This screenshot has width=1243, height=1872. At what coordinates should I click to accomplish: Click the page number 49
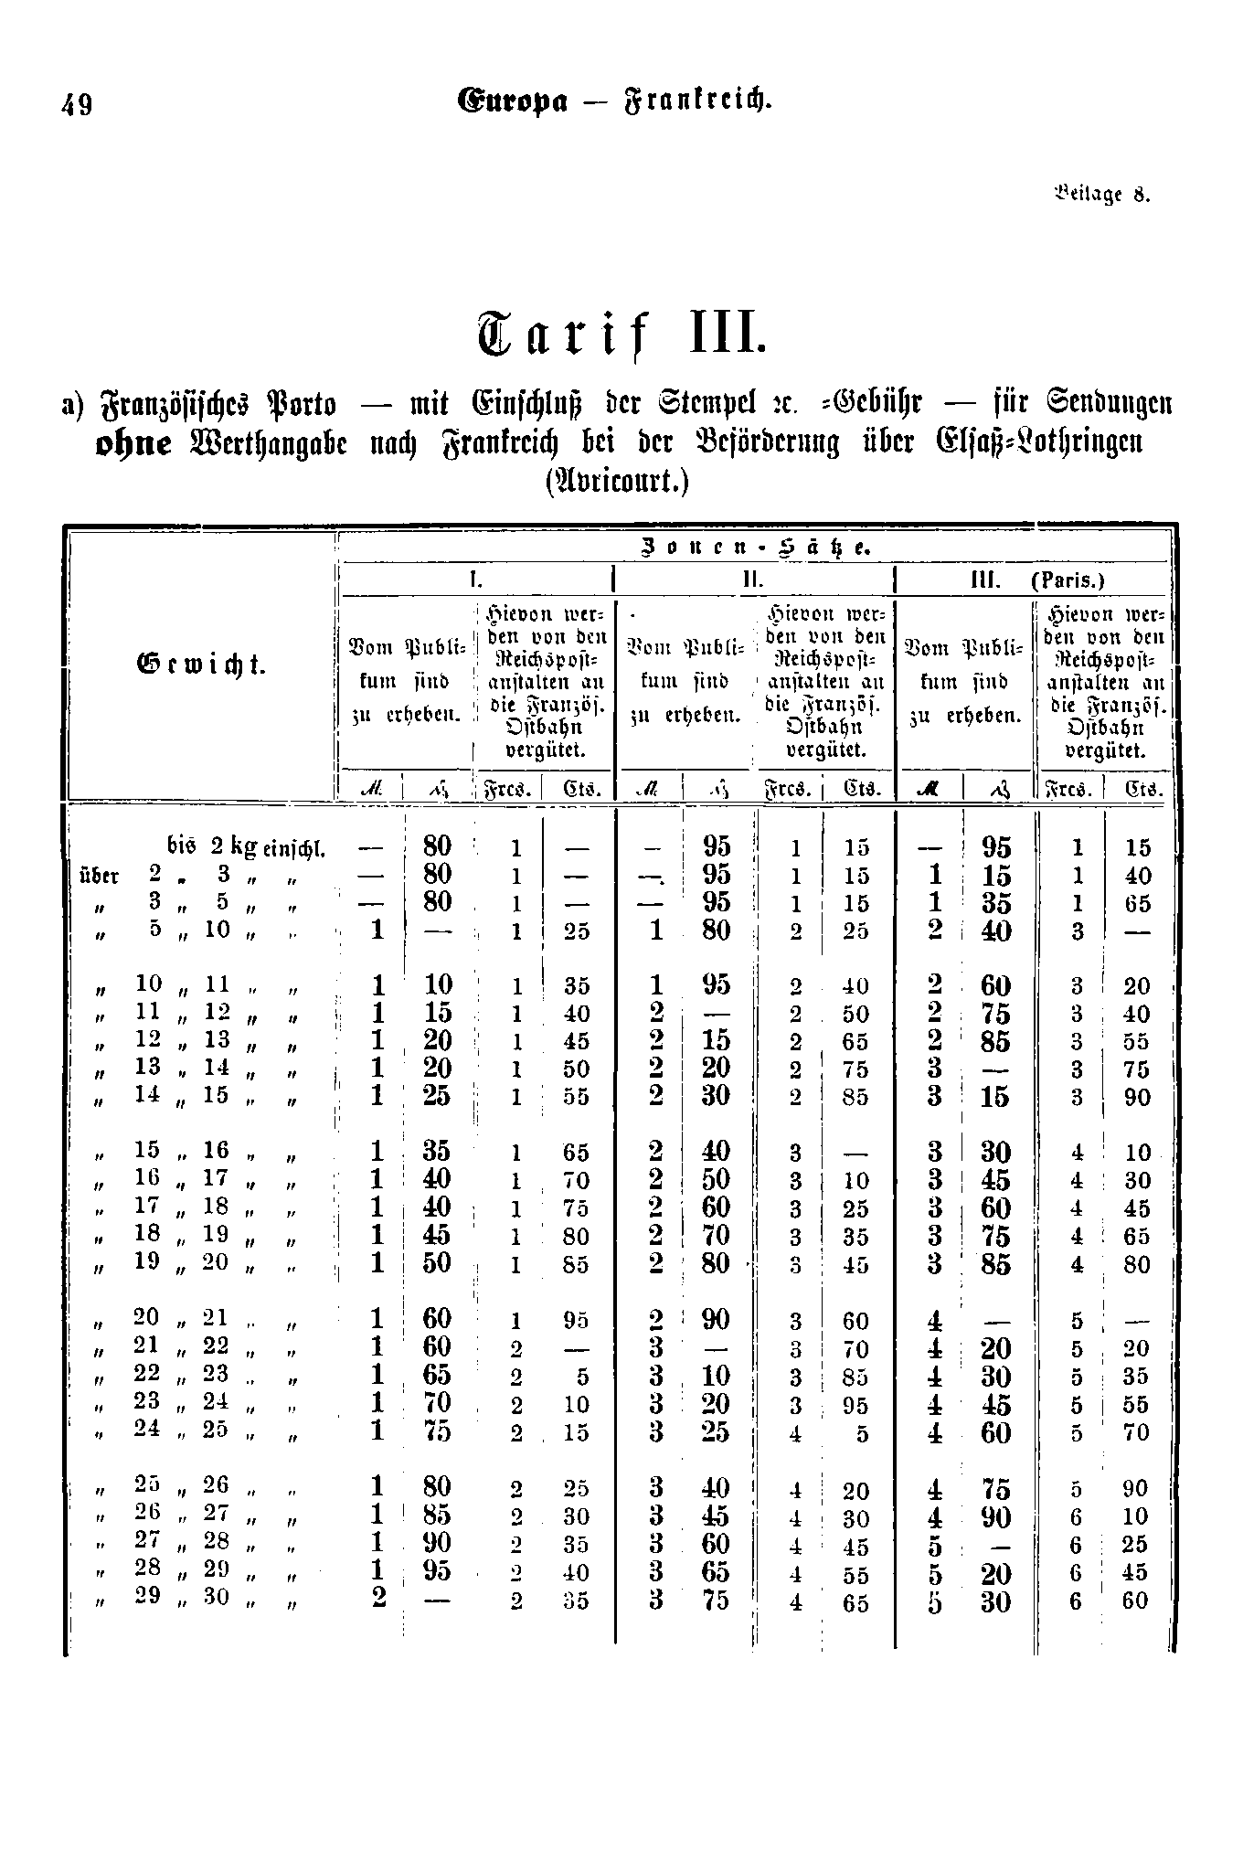(77, 105)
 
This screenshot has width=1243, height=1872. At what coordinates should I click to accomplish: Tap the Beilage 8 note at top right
(1102, 195)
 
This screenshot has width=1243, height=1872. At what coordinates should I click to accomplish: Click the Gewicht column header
(201, 665)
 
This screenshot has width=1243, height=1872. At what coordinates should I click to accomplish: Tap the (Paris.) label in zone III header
(1068, 580)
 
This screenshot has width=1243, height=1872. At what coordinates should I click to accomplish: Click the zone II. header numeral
(752, 580)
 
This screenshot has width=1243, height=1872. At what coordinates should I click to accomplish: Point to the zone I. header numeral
(474, 580)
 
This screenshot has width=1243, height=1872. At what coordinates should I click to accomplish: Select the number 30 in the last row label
(216, 1596)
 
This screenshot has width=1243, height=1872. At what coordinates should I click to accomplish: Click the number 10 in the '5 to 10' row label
(217, 929)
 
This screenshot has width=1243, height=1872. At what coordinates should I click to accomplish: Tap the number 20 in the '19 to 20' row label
(216, 1261)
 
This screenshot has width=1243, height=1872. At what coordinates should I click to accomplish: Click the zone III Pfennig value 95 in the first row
(996, 847)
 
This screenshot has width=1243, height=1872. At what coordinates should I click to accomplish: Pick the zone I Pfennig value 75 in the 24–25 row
(438, 1431)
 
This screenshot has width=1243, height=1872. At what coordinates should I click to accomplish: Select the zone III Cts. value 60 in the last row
(1136, 1601)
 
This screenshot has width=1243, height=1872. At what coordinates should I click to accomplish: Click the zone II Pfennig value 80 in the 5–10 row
(717, 931)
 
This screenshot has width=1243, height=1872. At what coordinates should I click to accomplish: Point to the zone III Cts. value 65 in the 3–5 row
(1137, 904)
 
